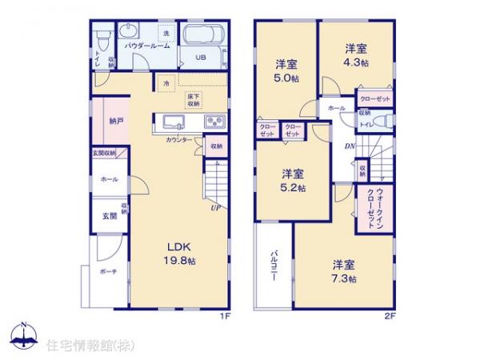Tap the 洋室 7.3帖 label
click(x=342, y=270)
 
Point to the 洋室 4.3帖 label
click(x=355, y=54)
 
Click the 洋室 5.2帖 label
click(x=292, y=180)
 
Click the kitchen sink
click(x=174, y=122)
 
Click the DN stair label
click(x=350, y=146)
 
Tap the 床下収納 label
click(x=194, y=100)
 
